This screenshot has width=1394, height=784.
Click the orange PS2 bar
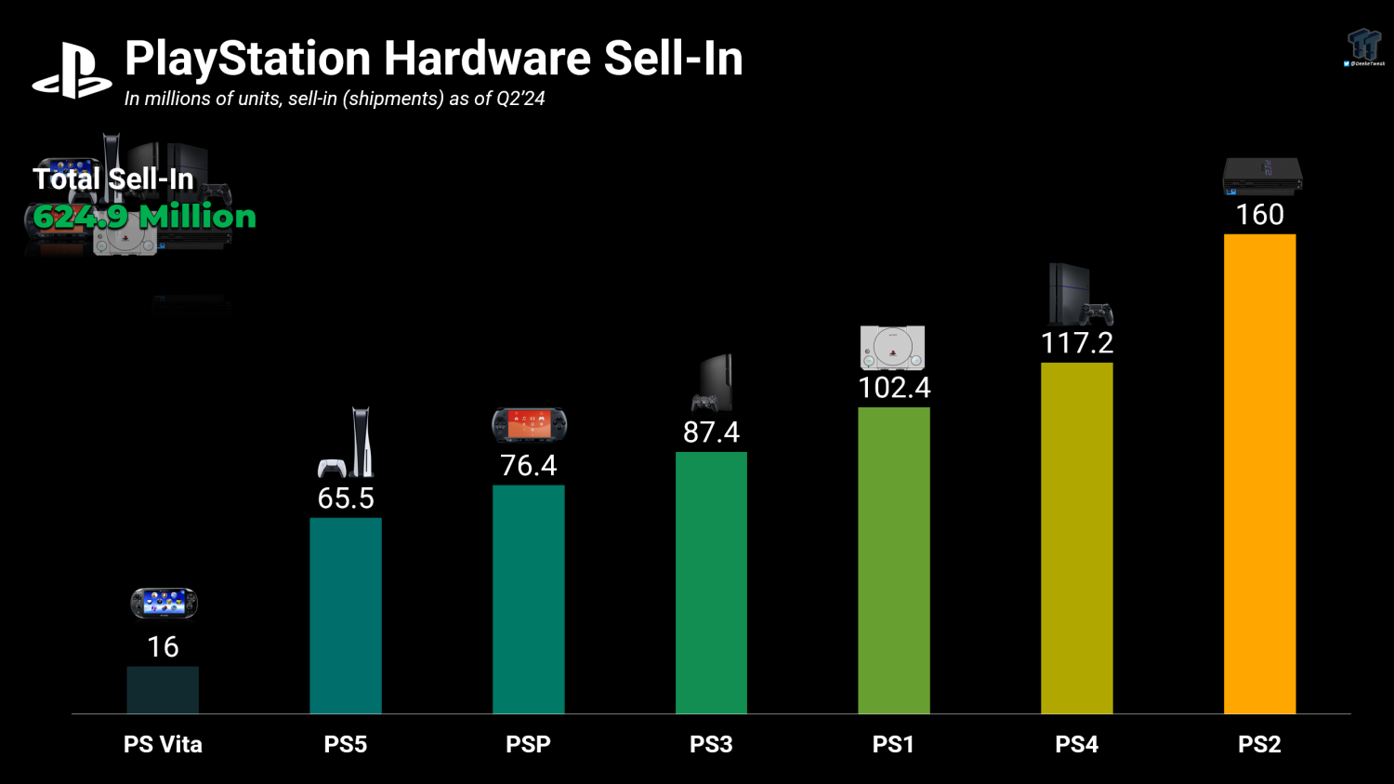tap(1259, 474)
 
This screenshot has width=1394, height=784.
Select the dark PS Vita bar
tap(163, 690)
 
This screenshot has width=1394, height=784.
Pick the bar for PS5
tap(346, 616)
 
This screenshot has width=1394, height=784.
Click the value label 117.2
tap(1076, 343)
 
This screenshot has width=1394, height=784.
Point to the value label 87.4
tap(711, 432)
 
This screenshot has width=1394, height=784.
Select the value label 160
tap(1259, 215)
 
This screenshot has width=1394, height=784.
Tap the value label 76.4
tap(528, 465)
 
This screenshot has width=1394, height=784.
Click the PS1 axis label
tap(893, 744)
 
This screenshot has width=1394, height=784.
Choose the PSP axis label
tap(528, 744)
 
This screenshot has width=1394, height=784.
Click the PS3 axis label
tap(711, 744)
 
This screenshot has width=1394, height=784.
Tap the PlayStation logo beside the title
tap(72, 71)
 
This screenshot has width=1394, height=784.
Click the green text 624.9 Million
tap(144, 217)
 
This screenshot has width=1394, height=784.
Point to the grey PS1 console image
tap(892, 348)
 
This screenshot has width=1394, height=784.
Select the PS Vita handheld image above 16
tap(164, 604)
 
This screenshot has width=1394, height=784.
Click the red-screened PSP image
tap(529, 425)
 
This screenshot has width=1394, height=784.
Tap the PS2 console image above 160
tap(1261, 176)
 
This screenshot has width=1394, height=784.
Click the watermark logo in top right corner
tap(1364, 47)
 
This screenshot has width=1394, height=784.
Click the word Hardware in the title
tap(487, 59)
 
